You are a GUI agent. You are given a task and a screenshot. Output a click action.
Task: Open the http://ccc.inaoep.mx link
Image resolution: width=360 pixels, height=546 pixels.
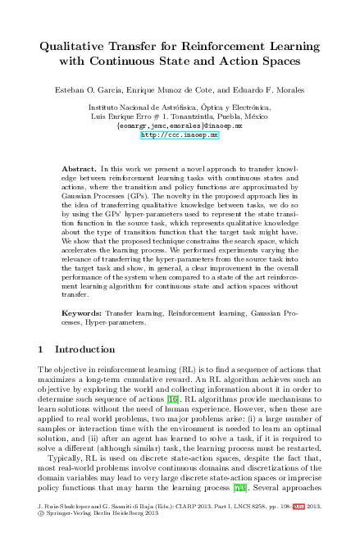180,135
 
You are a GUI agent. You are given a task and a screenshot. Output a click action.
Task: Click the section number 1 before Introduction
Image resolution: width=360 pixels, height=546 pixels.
41,349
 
